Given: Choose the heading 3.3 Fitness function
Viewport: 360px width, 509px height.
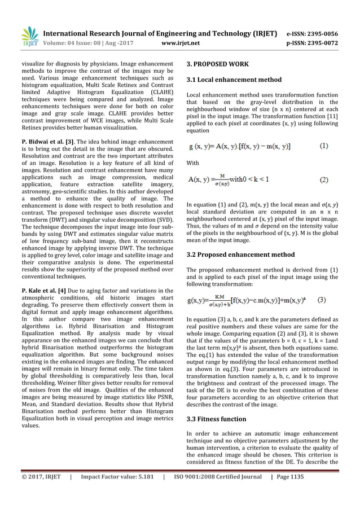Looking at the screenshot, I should click(216, 419).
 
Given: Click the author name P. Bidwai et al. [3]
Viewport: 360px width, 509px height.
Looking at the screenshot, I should click(46, 124).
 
